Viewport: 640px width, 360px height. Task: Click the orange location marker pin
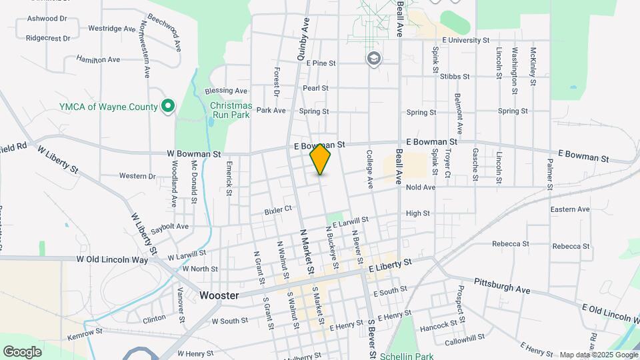(321, 159)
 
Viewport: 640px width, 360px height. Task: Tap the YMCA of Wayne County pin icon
(168, 107)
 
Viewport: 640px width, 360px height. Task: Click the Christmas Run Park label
(231, 110)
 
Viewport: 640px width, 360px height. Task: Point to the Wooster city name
(219, 295)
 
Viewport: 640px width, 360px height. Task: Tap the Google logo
(22, 351)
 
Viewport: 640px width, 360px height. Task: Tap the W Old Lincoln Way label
(112, 259)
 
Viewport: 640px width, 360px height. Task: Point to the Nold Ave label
(420, 187)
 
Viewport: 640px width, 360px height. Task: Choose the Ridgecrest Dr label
(48, 38)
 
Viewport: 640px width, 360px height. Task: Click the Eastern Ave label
(570, 209)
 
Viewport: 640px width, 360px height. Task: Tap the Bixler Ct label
(278, 209)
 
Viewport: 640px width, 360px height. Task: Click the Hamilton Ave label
(98, 59)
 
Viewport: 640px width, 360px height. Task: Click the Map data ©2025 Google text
(598, 355)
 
